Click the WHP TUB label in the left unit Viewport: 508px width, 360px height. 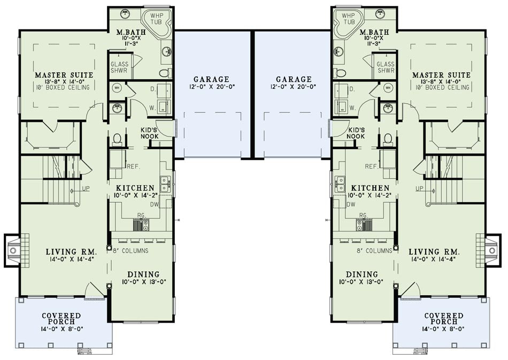pos(156,19)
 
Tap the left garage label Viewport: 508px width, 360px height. pos(211,79)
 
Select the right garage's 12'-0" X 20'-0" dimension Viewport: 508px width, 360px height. pos(294,87)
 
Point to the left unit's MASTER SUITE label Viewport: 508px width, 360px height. pos(64,75)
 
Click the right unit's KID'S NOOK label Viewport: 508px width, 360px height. pos(356,133)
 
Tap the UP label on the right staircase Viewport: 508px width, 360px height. pos(419,189)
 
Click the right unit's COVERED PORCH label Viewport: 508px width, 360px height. pos(443,318)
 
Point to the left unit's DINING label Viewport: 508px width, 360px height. pos(143,275)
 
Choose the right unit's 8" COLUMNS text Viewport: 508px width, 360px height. pos(374,251)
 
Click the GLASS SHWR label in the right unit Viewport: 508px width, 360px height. pos(386,67)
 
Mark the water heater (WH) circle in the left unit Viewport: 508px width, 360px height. pos(117,88)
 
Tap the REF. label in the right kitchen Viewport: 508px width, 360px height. pos(371,166)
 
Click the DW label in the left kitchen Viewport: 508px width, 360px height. pos(154,204)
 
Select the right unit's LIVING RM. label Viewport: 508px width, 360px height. pos(434,252)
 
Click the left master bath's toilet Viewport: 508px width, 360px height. pos(166,73)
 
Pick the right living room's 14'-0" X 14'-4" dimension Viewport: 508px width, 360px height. pos(434,259)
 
